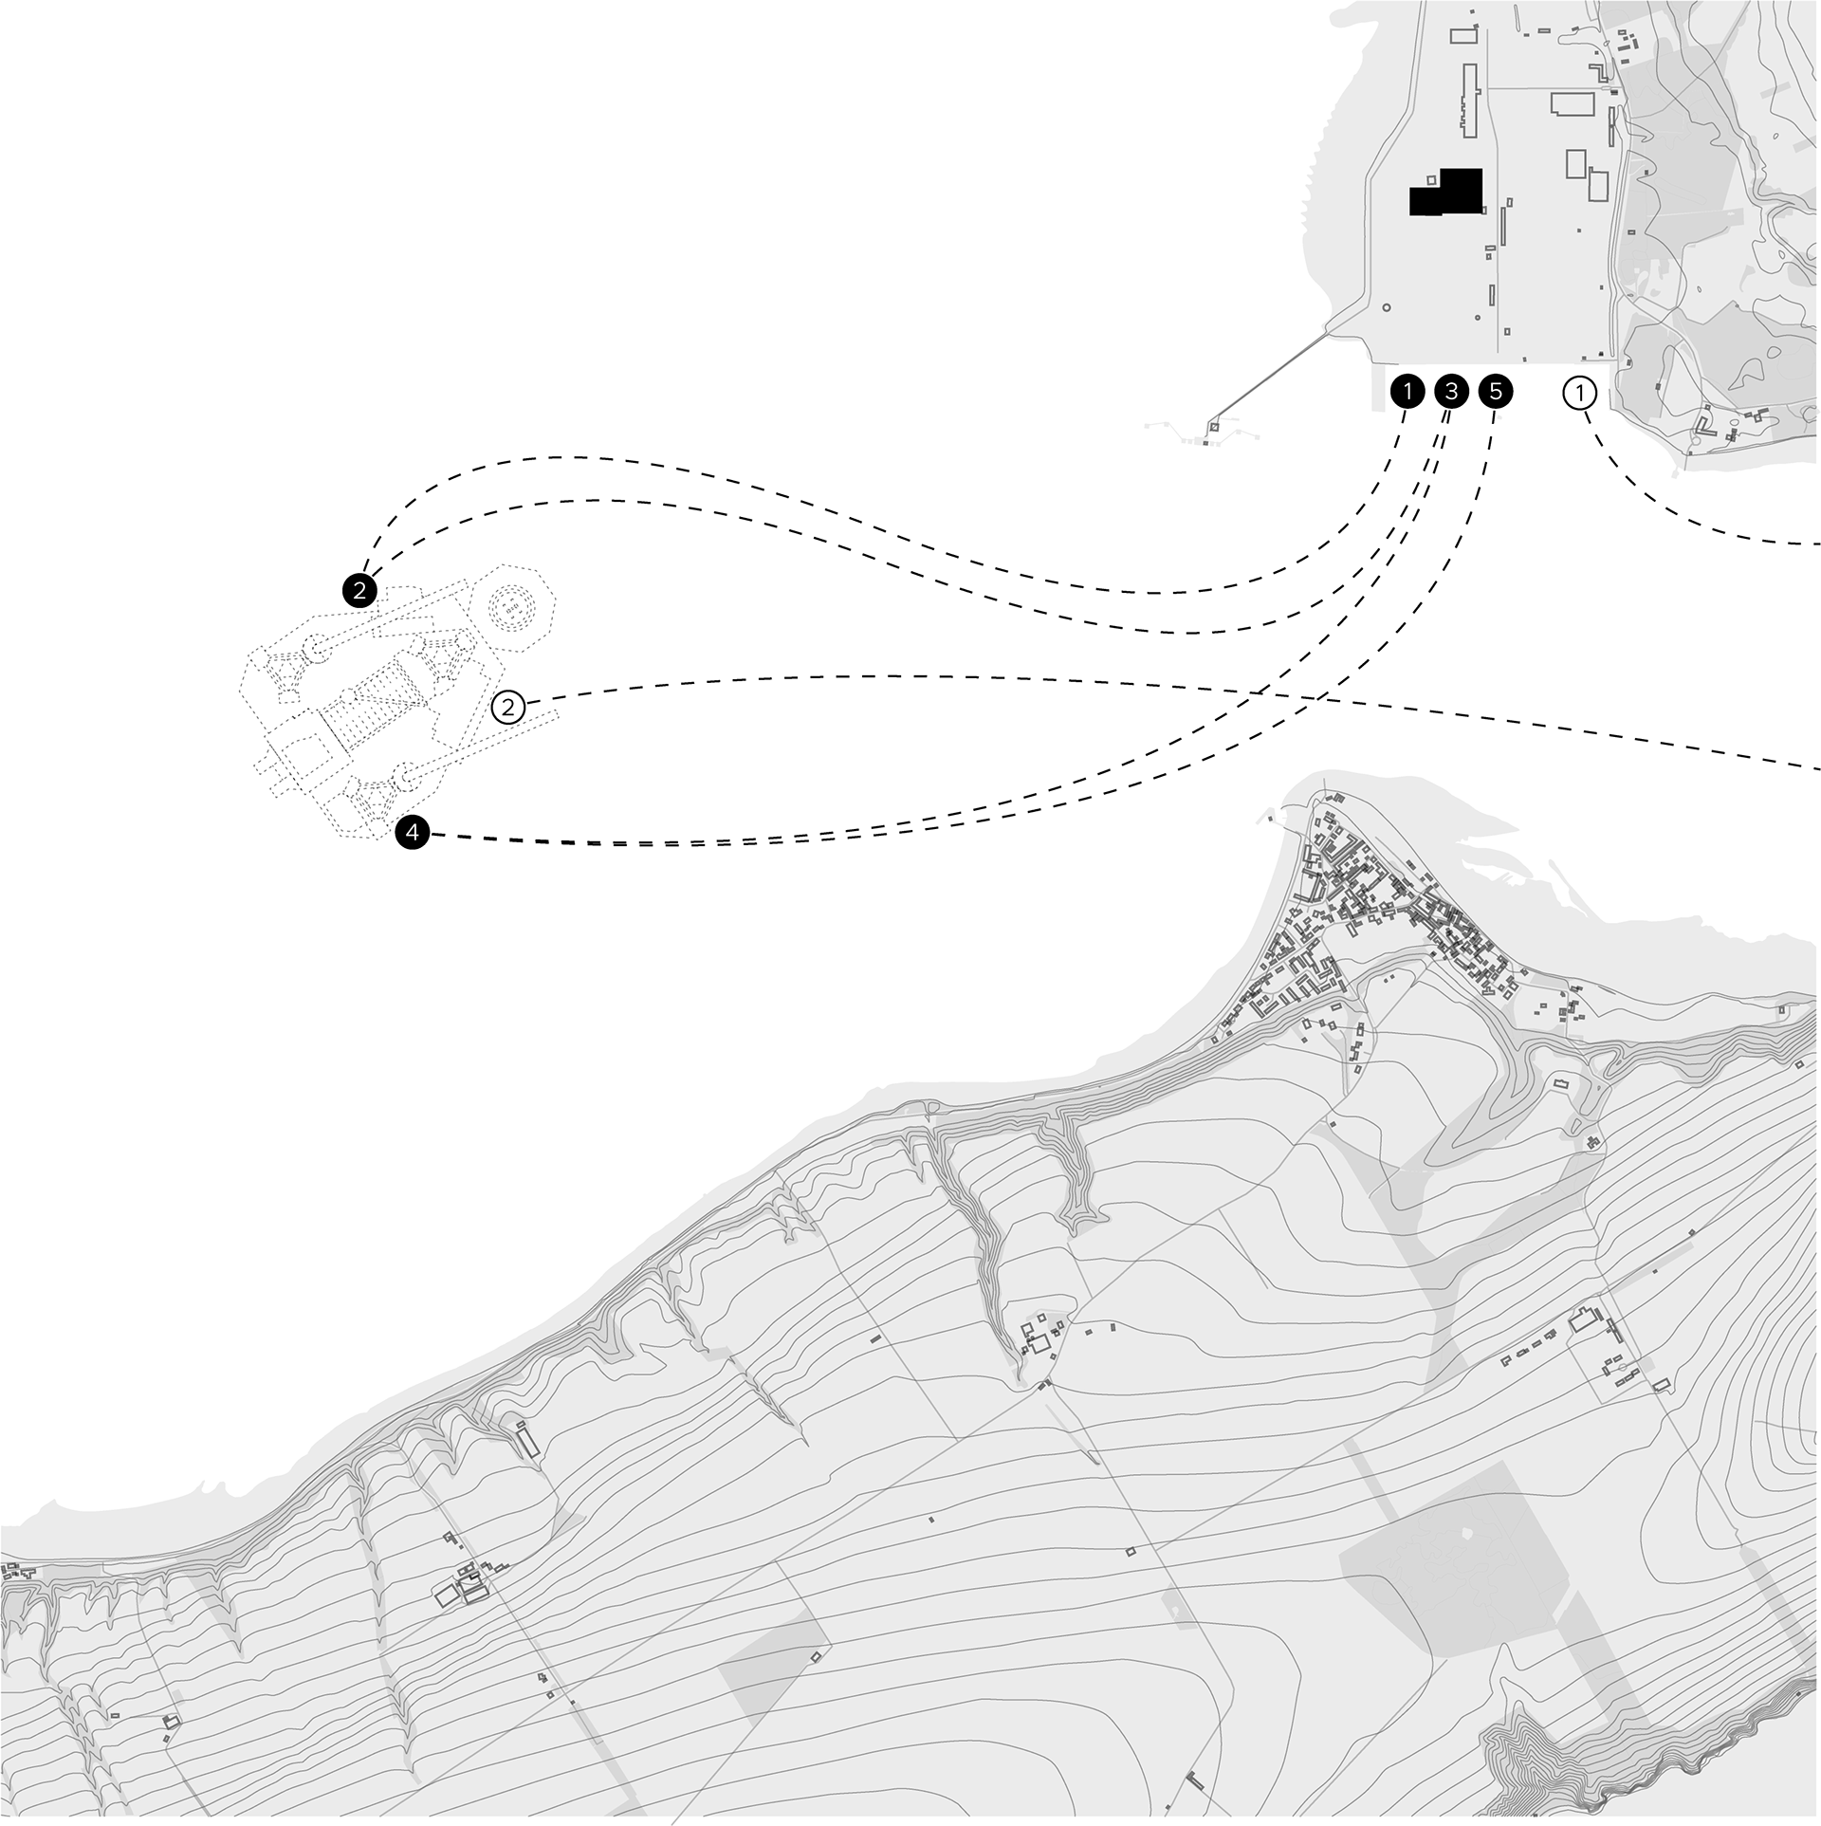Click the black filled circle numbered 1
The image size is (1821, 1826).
pyautogui.click(x=1407, y=391)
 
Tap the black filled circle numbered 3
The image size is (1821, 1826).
pyautogui.click(x=1451, y=391)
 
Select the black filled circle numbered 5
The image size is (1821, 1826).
pyautogui.click(x=1496, y=391)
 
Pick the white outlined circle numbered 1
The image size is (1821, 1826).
pyautogui.click(x=1580, y=392)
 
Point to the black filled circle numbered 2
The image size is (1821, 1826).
pyautogui.click(x=359, y=591)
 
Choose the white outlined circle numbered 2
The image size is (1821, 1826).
pyautogui.click(x=509, y=707)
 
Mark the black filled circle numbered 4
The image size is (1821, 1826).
pyautogui.click(x=412, y=833)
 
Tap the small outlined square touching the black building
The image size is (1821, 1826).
pyautogui.click(x=1432, y=180)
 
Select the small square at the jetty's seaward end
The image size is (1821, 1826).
pyautogui.click(x=1211, y=428)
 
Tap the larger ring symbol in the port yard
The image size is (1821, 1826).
pyautogui.click(x=1387, y=307)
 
